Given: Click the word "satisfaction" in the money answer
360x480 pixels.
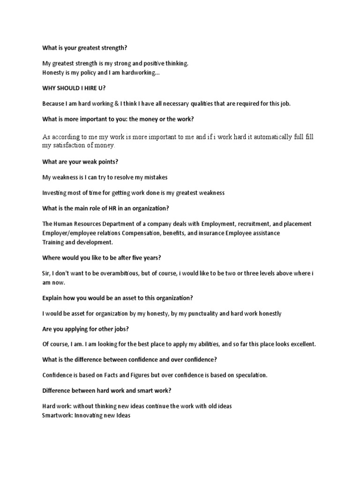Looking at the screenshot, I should [x=68, y=146].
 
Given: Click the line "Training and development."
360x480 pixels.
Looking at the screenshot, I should [x=77, y=242].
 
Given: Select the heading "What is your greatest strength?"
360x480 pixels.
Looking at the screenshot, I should [x=84, y=48].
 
